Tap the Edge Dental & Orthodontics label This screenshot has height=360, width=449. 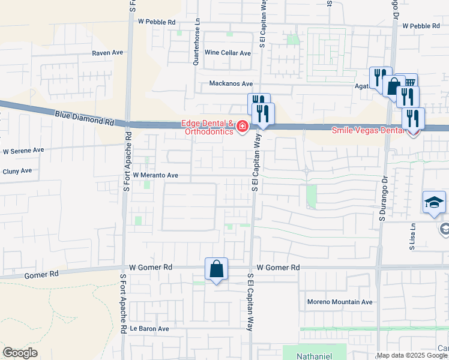(208, 128)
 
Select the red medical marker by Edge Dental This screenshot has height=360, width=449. (243, 126)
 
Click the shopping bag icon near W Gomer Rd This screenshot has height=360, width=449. (216, 269)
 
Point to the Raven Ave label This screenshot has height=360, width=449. (107, 53)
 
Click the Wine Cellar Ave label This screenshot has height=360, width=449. (228, 53)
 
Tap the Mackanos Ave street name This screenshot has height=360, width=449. (231, 84)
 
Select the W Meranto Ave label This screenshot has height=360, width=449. (156, 175)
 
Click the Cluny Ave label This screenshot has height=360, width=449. (17, 171)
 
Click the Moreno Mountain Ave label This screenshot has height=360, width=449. (340, 302)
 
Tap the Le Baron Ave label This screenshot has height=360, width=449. (151, 329)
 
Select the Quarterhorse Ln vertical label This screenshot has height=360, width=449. (196, 32)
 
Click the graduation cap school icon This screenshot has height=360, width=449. (434, 203)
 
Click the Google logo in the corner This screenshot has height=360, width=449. (20, 353)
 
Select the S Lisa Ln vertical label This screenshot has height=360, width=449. (412, 236)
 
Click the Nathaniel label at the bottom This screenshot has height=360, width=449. (314, 356)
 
